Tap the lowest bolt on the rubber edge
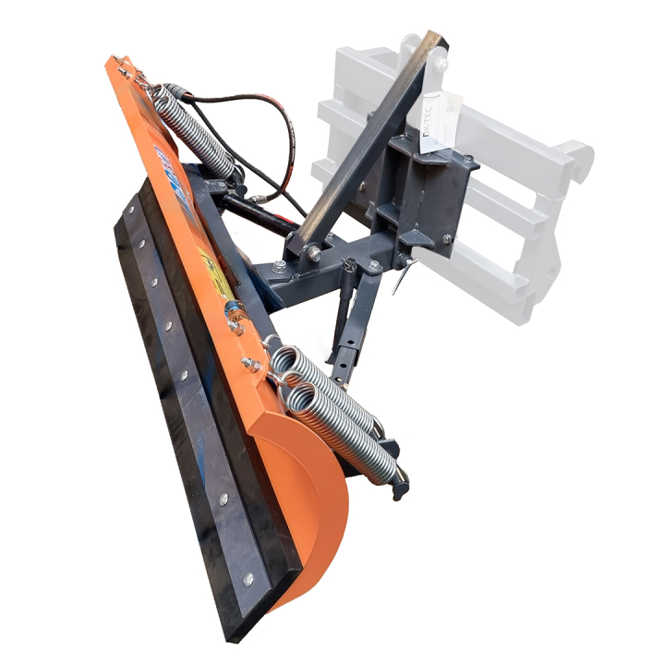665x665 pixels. click(x=248, y=580)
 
